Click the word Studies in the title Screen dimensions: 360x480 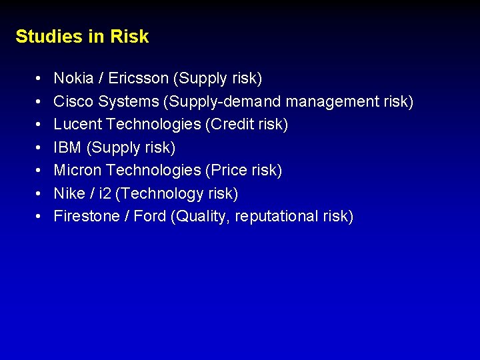click(x=48, y=36)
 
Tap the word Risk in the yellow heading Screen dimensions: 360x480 click(x=129, y=36)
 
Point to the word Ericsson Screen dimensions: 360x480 click(x=138, y=79)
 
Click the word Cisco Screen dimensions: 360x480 click(x=73, y=101)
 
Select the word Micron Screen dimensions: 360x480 click(x=75, y=170)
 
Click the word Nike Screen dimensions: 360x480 click(x=69, y=193)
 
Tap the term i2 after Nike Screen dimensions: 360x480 click(x=104, y=193)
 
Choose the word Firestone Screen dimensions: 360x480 click(x=84, y=216)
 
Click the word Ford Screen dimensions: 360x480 click(x=150, y=216)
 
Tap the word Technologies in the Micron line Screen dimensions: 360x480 click(x=150, y=170)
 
